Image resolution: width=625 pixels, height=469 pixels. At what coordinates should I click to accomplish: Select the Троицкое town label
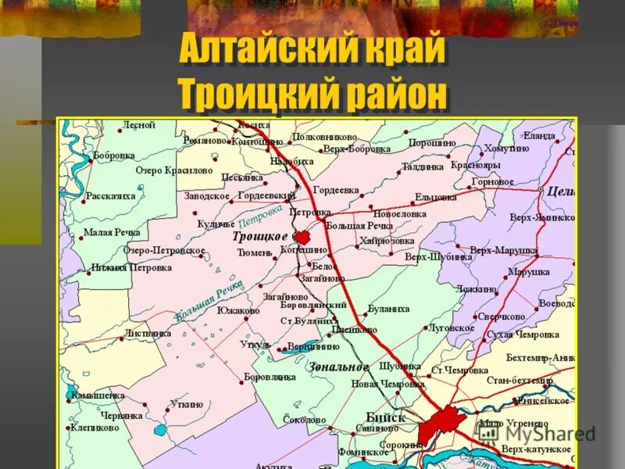click(260, 235)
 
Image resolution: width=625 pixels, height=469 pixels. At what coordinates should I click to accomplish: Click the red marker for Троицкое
click(302, 237)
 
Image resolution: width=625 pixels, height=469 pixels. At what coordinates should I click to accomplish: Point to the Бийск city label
click(385, 417)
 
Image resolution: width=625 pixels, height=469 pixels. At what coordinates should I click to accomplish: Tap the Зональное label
click(338, 367)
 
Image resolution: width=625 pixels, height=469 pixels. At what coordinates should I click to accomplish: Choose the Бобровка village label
click(114, 156)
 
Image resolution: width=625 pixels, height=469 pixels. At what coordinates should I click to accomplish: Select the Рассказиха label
click(110, 196)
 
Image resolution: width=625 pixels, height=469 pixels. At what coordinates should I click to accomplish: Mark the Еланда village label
click(539, 136)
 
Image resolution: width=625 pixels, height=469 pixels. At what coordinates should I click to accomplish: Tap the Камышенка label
click(98, 396)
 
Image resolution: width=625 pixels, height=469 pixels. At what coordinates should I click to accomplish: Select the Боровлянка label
click(270, 377)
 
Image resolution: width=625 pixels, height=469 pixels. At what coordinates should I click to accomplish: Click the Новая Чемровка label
click(388, 383)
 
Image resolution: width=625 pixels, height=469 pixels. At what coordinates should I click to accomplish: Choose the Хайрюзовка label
click(387, 241)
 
